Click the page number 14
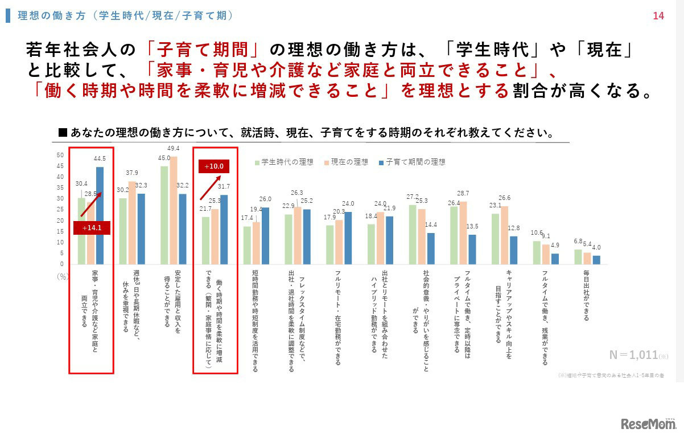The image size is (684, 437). [x=658, y=16]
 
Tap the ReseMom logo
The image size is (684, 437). [x=648, y=424]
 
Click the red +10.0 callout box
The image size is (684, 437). [x=214, y=166]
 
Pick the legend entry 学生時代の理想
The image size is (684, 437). [x=284, y=162]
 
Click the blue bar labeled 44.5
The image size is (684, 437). [x=100, y=215]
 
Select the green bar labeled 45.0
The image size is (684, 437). [x=164, y=215]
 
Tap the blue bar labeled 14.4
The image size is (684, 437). [x=431, y=248]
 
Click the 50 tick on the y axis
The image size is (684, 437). [x=60, y=155]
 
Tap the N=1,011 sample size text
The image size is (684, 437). [x=633, y=356]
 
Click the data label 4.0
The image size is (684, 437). [x=596, y=248]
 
